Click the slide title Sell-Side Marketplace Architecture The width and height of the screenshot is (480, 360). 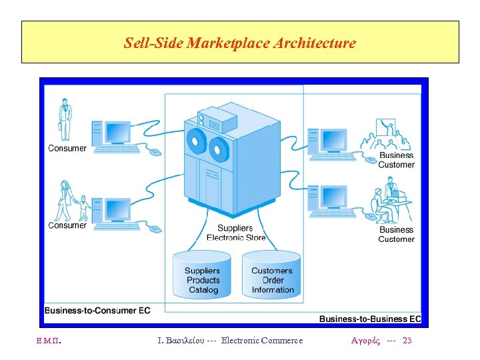point(240,44)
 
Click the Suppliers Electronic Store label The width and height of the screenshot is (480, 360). point(235,233)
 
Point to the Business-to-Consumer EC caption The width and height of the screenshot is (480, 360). point(97,310)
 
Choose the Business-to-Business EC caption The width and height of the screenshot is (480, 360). point(370,319)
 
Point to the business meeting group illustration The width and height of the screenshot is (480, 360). point(387,137)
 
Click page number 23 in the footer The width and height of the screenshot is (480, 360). point(407,341)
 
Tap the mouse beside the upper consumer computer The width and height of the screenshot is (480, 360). point(155,152)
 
